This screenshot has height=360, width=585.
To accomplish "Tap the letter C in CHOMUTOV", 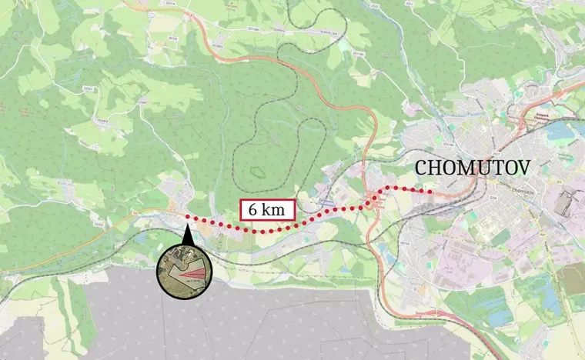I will click(x=422, y=167).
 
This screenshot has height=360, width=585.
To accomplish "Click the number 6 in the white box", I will click(x=251, y=209).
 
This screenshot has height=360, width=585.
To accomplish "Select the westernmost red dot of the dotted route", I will click(x=186, y=218).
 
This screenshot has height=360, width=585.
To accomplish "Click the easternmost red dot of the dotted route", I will click(x=432, y=193).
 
